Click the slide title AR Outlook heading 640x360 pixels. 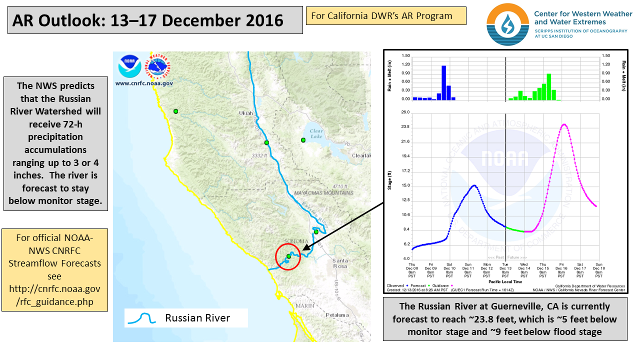click(147, 20)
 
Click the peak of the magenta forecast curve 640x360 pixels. click(564, 124)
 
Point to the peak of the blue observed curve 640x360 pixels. click(474, 185)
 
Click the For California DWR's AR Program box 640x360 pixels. click(386, 15)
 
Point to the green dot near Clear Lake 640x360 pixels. click(302, 140)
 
